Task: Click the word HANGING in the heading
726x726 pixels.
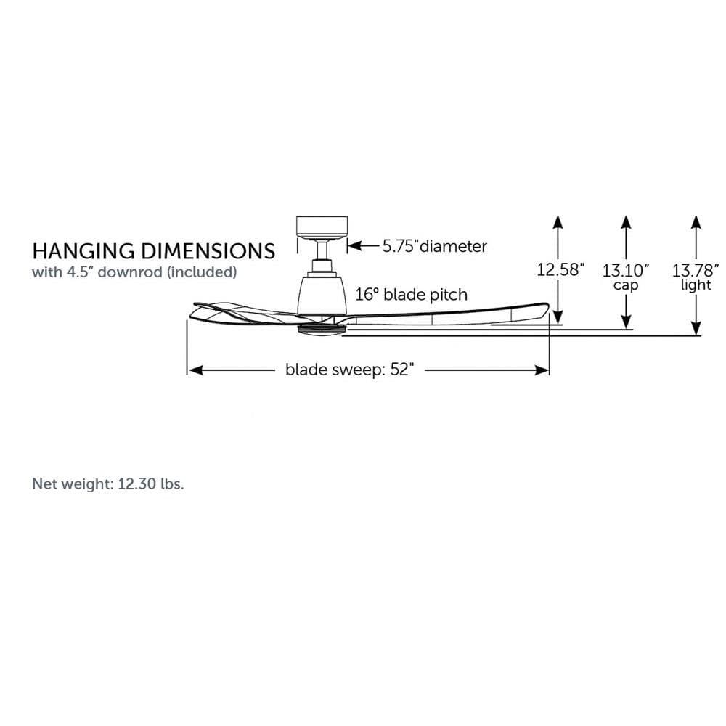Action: pyautogui.click(x=83, y=251)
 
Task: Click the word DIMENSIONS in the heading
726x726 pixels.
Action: pyautogui.click(x=208, y=251)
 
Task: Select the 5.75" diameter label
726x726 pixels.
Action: pyautogui.click(x=434, y=246)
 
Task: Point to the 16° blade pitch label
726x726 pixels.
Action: pyautogui.click(x=411, y=295)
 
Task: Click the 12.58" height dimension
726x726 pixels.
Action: pyautogui.click(x=560, y=269)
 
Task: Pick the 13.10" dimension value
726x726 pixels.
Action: pyautogui.click(x=626, y=270)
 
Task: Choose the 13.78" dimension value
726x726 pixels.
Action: pyautogui.click(x=696, y=270)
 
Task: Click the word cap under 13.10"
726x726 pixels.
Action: pyautogui.click(x=626, y=285)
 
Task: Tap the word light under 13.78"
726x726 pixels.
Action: pyautogui.click(x=696, y=285)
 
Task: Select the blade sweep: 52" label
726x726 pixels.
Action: pyautogui.click(x=350, y=370)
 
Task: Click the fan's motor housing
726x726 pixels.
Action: pyautogui.click(x=322, y=295)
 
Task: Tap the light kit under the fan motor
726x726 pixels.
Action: pyautogui.click(x=322, y=328)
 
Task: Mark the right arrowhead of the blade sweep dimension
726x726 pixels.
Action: pyautogui.click(x=542, y=370)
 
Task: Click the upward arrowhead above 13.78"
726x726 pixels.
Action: pyautogui.click(x=696, y=222)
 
